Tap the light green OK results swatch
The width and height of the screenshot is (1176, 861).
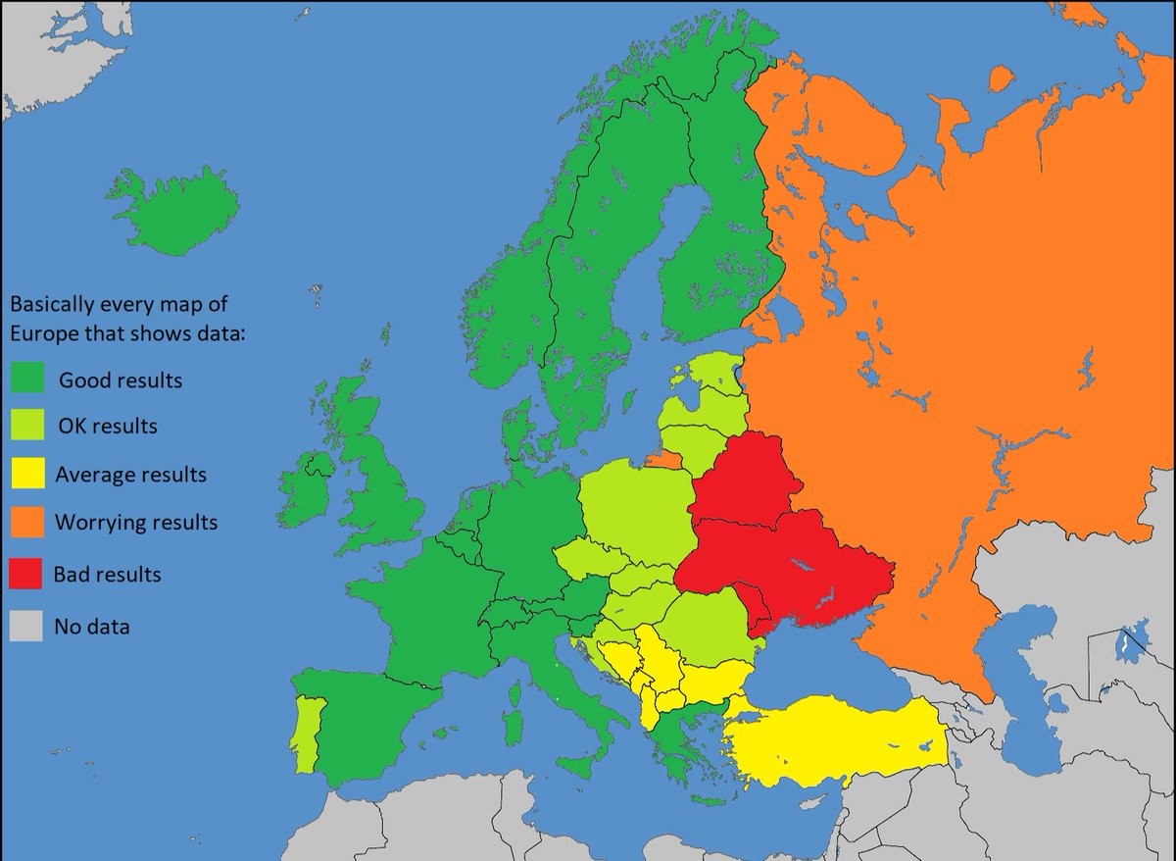point(26,427)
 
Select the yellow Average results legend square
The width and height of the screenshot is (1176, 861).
point(26,475)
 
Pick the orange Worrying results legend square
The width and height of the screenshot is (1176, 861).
point(26,522)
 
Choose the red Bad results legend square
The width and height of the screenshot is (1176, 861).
point(26,574)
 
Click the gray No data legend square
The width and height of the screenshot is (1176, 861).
point(26,626)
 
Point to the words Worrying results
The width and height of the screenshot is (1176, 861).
point(136,522)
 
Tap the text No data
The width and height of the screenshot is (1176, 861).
point(92,626)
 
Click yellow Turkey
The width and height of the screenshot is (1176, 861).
point(833,740)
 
